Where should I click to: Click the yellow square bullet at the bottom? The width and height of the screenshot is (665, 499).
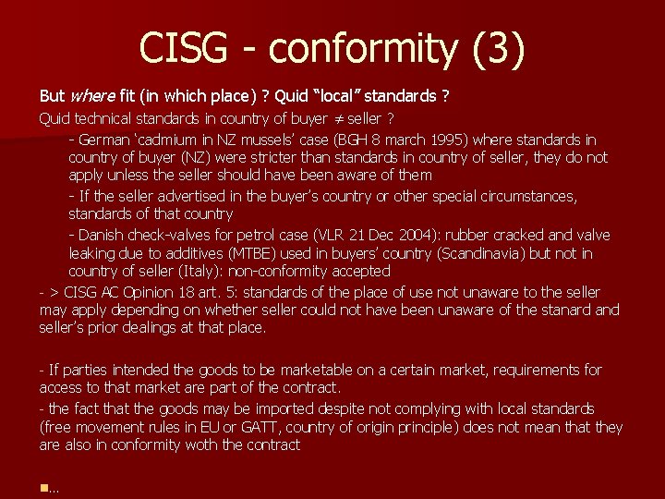[42, 488]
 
